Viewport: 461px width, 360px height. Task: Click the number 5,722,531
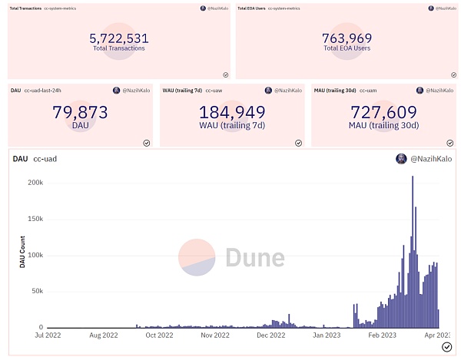coord(118,38)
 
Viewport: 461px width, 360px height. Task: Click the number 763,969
coord(347,38)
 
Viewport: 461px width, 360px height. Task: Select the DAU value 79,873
coord(80,113)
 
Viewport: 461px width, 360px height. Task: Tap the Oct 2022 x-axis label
coord(160,335)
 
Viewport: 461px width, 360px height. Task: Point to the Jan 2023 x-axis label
coord(327,335)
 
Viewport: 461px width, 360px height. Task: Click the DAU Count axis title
coord(22,255)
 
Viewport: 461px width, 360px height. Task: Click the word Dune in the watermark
coord(254,258)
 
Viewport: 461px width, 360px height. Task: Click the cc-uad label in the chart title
coord(45,159)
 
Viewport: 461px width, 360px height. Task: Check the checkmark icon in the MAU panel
coord(450,143)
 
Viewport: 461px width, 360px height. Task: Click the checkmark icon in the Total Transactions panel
coord(226,74)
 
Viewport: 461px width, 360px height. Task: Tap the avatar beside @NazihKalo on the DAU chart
coord(401,159)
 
